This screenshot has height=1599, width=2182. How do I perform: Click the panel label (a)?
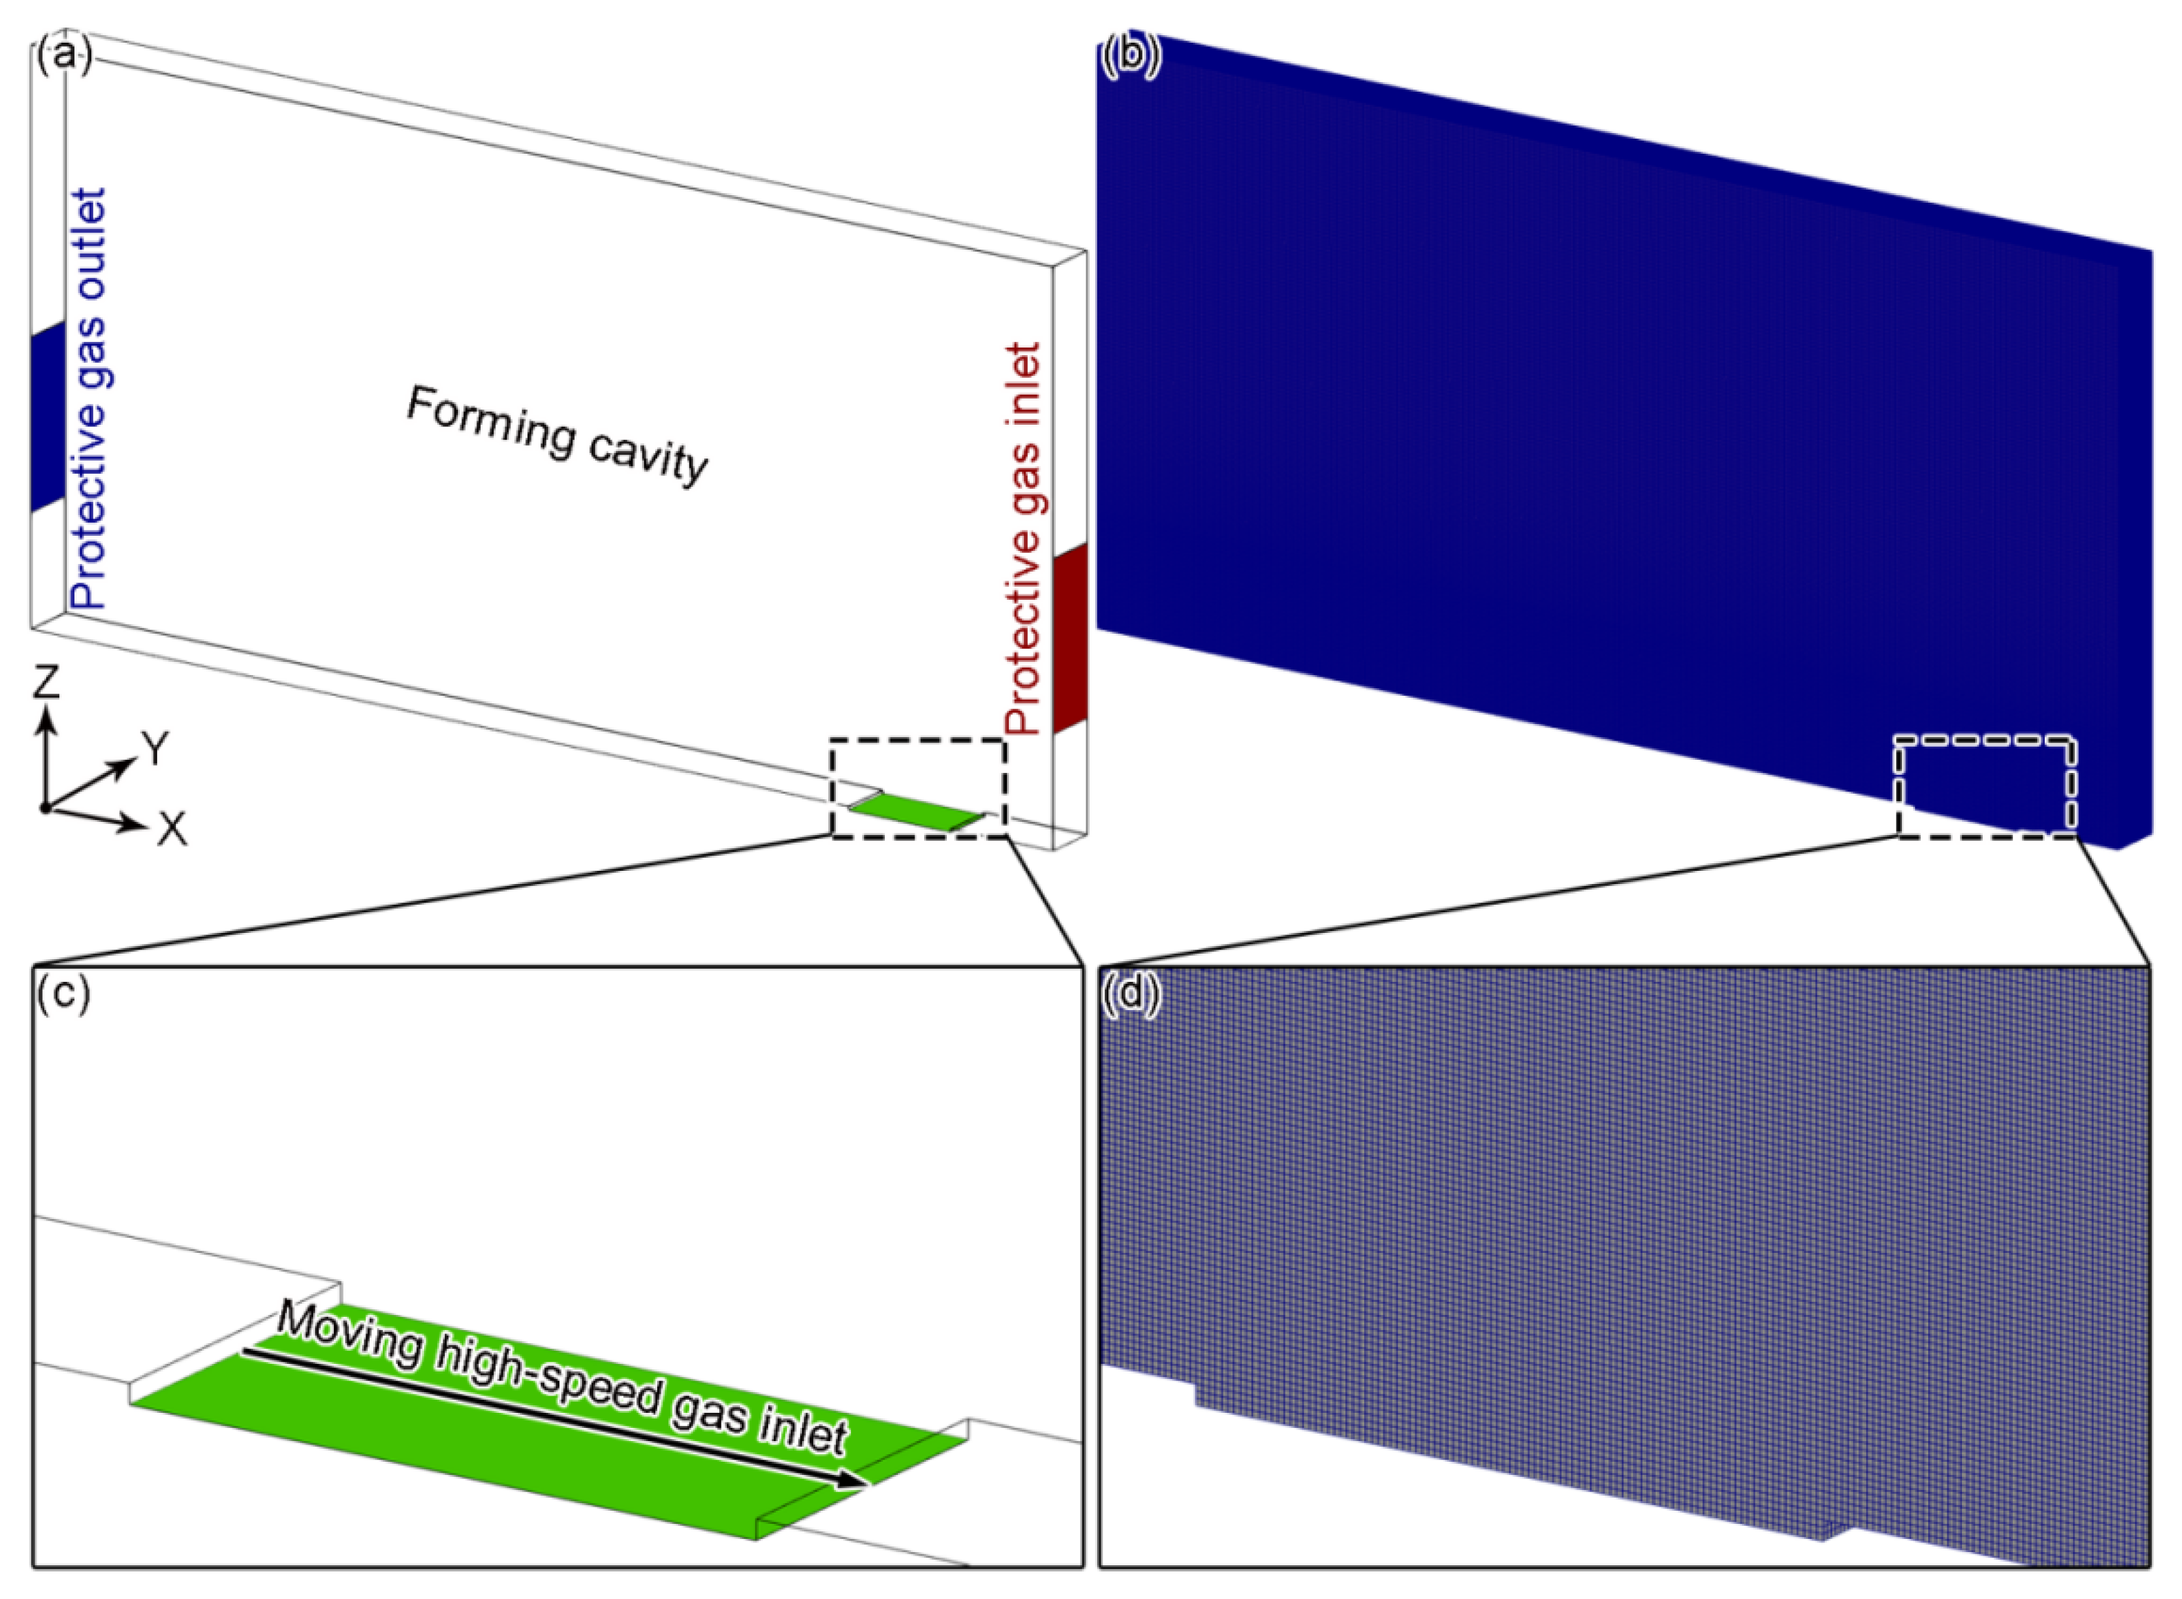tap(64, 56)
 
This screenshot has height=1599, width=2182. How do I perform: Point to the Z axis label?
tap(46, 683)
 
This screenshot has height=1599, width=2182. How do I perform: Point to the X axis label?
tap(172, 829)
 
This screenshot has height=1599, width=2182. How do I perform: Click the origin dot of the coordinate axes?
tap(45, 806)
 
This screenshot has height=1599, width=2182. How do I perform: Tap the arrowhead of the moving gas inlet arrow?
tap(852, 1478)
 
